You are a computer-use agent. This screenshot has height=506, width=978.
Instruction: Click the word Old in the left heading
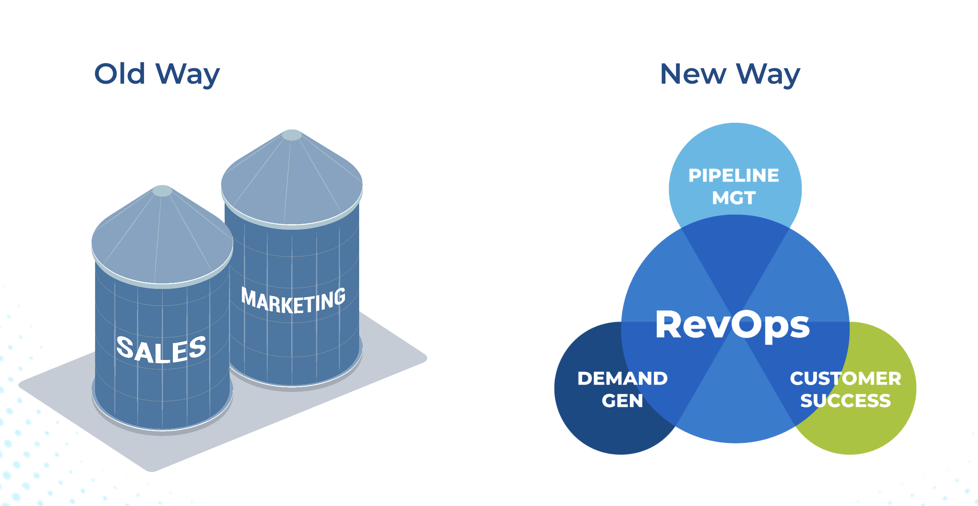[120, 74]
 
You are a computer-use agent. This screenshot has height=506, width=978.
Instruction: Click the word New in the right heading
[693, 74]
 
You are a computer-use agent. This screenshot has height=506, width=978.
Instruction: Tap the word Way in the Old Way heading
[187, 75]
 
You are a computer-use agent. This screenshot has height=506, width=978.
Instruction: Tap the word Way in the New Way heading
[768, 75]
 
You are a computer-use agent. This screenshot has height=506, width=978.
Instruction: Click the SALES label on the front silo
[161, 350]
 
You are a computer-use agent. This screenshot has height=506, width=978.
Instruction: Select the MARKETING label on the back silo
[293, 301]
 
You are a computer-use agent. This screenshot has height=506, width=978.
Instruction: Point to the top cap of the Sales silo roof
[162, 191]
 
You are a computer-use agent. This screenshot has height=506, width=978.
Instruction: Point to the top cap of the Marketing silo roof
[292, 135]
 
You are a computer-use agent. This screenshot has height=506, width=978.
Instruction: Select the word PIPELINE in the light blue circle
[734, 176]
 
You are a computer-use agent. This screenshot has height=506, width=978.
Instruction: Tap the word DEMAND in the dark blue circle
[622, 379]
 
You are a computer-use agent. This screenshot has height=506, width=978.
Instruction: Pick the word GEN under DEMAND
[622, 401]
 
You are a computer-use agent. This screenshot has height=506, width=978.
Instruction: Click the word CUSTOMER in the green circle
[845, 379]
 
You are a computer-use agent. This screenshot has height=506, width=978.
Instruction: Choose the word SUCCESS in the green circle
[845, 401]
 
